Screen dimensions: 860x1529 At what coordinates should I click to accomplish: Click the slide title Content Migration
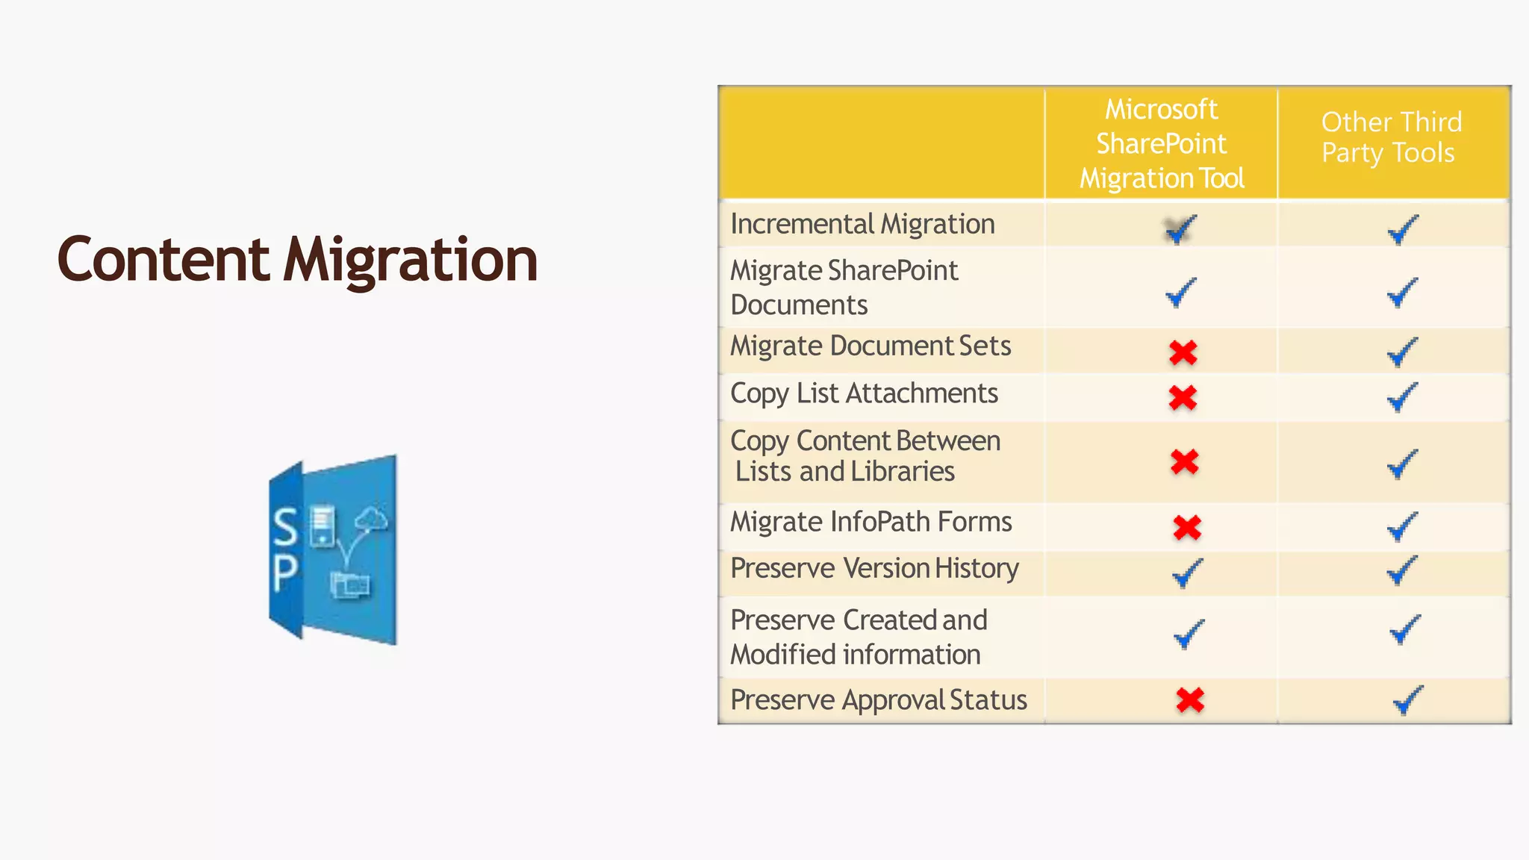pos(297,260)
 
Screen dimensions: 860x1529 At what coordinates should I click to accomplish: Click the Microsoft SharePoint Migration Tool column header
pos(1161,143)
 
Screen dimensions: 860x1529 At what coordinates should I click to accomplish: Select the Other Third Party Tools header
pos(1391,137)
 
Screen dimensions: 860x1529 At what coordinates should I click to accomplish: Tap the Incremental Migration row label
pos(862,224)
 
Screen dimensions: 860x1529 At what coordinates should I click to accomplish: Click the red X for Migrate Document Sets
pos(1183,352)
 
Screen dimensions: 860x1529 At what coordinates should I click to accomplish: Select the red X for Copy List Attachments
pos(1183,398)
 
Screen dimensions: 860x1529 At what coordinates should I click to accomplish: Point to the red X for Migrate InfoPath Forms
pos(1186,528)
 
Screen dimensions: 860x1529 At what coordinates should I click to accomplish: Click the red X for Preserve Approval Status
pos(1190,700)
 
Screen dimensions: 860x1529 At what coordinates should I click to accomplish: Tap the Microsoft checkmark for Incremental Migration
pos(1180,229)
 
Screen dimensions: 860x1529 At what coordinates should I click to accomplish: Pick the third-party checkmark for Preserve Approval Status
pos(1407,700)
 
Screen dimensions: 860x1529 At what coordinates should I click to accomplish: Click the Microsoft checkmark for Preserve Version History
pos(1186,573)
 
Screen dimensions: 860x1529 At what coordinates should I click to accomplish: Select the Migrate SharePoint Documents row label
pos(844,287)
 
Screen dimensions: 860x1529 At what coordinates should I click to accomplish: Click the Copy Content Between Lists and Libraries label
pos(865,456)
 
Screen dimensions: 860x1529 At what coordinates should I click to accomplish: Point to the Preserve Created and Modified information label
pos(859,637)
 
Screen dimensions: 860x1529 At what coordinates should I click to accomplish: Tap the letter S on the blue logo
pos(284,526)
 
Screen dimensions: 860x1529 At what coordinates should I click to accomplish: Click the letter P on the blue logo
pos(284,573)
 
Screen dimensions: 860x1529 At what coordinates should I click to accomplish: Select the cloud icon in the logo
pos(372,518)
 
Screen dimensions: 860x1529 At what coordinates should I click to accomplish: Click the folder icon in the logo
pos(349,585)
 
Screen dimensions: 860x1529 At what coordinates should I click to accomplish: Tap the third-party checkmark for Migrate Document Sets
pos(1402,352)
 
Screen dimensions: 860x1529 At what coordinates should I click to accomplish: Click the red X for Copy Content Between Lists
pos(1185,462)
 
